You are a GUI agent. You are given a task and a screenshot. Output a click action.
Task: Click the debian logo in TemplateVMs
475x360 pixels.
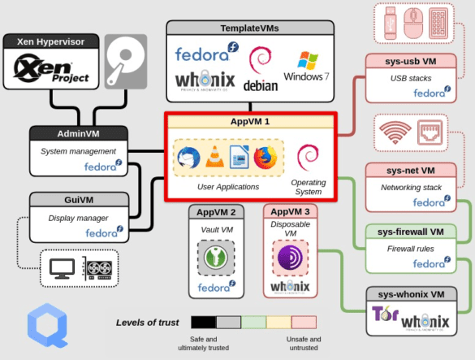pyautogui.click(x=260, y=70)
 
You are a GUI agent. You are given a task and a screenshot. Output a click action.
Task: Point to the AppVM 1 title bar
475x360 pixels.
pyautogui.click(x=249, y=122)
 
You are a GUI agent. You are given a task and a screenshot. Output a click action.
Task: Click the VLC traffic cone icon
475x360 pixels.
pyautogui.click(x=214, y=157)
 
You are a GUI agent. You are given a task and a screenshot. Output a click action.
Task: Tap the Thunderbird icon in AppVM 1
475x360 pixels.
pyautogui.click(x=188, y=157)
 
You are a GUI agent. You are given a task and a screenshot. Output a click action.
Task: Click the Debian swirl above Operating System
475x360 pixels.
pyautogui.click(x=308, y=156)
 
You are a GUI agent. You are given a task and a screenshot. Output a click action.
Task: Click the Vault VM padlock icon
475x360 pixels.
pyautogui.click(x=215, y=258)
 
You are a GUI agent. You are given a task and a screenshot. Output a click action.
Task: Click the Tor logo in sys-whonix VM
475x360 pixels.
pyautogui.click(x=385, y=316)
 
